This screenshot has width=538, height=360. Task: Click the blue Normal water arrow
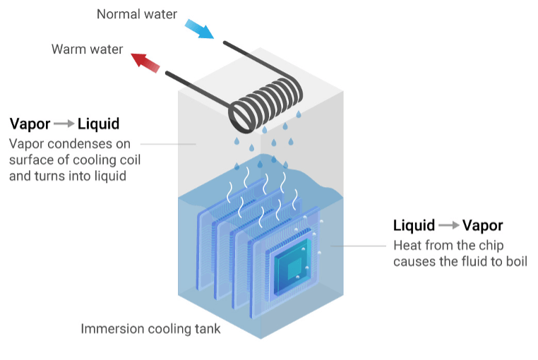[x=198, y=28]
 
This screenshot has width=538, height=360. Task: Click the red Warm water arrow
[x=147, y=62]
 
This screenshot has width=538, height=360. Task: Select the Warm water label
[x=88, y=50]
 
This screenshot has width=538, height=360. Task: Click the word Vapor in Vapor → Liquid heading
[x=30, y=124]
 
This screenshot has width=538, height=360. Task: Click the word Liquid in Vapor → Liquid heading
[x=98, y=124]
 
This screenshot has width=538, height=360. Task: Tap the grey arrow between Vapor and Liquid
[x=64, y=124]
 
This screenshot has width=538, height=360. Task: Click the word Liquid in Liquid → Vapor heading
[x=414, y=226]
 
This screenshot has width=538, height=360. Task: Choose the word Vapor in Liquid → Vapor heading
[x=482, y=226]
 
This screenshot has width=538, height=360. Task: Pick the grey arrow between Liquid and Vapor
[x=448, y=226]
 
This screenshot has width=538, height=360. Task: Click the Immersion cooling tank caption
[x=150, y=329]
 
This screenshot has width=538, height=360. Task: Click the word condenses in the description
[x=78, y=144]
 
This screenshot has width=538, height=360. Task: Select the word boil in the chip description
[x=515, y=261]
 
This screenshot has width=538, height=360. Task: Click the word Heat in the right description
[x=407, y=246]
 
